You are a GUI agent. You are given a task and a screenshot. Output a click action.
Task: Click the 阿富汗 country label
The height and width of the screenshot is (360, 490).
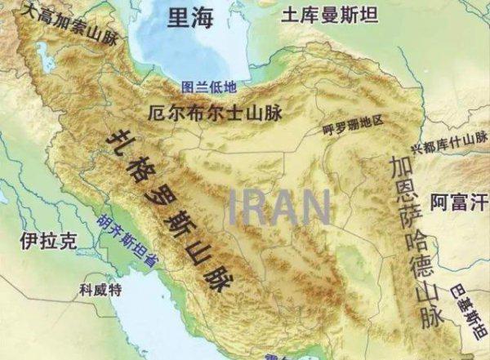coord(459,201)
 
